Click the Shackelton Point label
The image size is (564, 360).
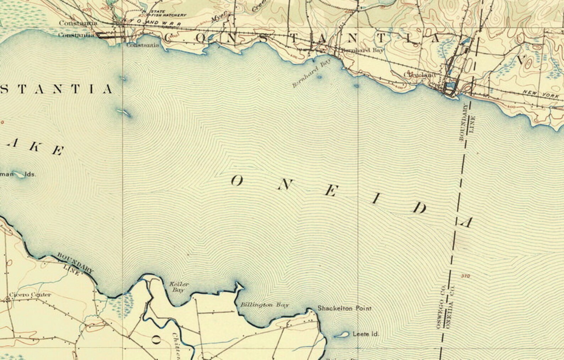coord(344,309)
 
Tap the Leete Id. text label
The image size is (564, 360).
coord(366,334)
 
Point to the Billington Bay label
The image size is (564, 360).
coord(265,305)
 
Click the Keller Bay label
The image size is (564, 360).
coord(179,287)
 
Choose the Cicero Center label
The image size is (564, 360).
coord(30,295)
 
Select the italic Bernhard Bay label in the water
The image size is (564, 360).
coord(311,73)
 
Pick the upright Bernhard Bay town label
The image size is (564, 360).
coord(363,50)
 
